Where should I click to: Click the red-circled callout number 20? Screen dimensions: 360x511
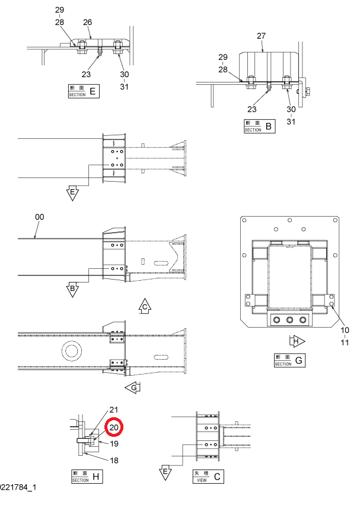coord(114,427)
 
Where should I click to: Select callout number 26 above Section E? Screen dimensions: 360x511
coord(87,22)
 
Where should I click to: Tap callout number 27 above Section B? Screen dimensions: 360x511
coord(262,36)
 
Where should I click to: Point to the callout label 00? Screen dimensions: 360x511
coord(39,217)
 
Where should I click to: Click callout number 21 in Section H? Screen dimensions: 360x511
coord(114,410)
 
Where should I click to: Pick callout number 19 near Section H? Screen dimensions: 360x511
coord(114,443)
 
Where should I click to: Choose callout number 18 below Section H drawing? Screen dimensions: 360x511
coord(114,461)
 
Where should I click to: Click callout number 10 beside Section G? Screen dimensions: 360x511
coord(345,330)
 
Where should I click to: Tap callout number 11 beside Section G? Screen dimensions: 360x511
coord(345,342)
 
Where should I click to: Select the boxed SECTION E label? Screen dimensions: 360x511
coord(84,91)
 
